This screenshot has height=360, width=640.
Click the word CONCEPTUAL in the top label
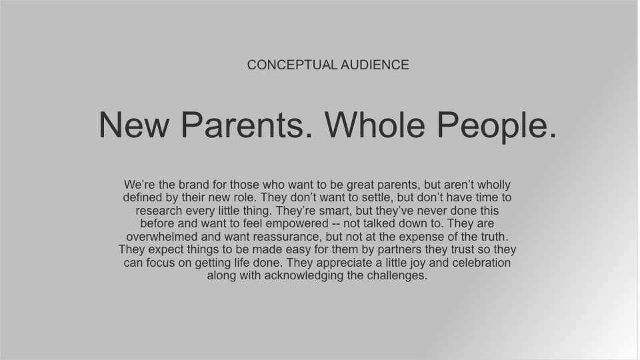(292, 65)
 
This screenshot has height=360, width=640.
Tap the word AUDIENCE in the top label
(375, 65)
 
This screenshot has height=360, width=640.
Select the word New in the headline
(133, 125)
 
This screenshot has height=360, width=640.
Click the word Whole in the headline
(375, 125)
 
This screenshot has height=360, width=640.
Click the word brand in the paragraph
(194, 185)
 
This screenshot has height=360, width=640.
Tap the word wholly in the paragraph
(494, 185)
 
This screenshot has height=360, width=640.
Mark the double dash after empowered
(335, 225)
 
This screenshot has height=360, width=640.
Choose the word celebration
(481, 263)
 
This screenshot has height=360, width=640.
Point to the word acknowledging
(304, 276)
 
